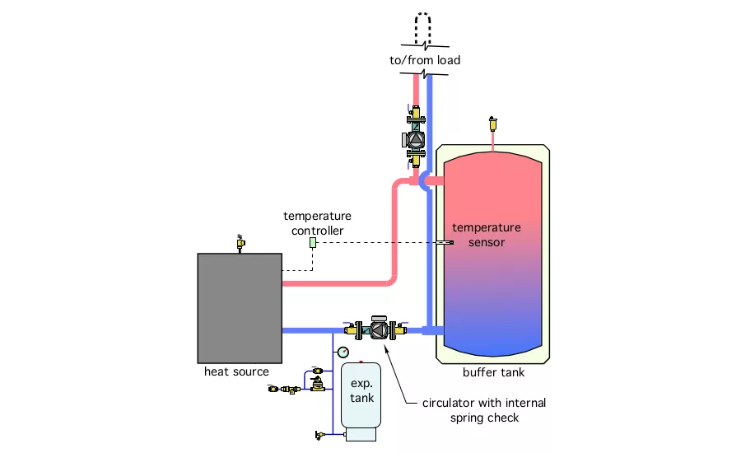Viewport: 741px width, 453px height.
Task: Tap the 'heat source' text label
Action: [237, 372]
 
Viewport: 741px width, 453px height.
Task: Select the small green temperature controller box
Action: [313, 243]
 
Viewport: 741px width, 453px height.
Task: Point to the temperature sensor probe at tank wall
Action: [445, 243]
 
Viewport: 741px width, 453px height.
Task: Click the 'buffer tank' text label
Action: [493, 373]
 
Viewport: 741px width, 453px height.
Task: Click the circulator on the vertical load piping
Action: [416, 140]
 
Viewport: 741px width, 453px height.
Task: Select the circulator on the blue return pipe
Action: [379, 329]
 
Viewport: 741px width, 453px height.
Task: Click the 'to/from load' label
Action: [426, 60]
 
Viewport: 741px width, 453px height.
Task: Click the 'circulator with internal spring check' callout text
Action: [483, 409]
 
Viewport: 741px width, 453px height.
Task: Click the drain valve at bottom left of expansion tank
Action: [320, 434]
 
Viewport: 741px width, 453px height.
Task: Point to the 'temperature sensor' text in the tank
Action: [487, 235]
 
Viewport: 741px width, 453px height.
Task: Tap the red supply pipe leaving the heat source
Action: [338, 283]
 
